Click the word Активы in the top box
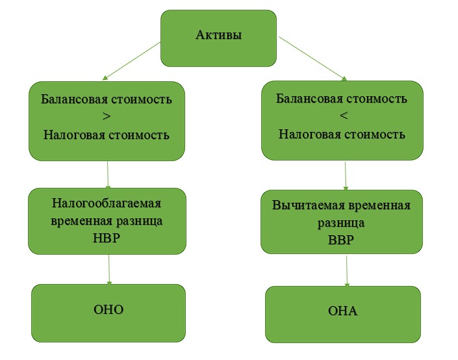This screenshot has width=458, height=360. tap(219, 35)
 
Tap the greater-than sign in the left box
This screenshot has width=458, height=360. tap(107, 116)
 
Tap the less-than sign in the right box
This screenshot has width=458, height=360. tap(344, 116)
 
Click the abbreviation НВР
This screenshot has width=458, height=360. tap(107, 238)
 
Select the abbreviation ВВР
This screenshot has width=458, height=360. tap(341, 240)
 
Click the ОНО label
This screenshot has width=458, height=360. tap(108, 309)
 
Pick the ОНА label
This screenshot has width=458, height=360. tap(342, 311)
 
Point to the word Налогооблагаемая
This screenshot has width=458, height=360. tap(107, 203)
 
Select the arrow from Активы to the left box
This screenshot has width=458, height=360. tap(132, 61)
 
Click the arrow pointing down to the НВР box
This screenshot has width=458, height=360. tap(108, 174)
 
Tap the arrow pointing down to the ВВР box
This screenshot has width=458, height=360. tap(346, 176)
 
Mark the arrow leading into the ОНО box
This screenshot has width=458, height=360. tap(109, 270)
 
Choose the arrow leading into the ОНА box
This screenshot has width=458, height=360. tap(347, 271)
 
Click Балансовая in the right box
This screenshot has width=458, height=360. tap(309, 99)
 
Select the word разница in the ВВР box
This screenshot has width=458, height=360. tap(341, 224)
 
